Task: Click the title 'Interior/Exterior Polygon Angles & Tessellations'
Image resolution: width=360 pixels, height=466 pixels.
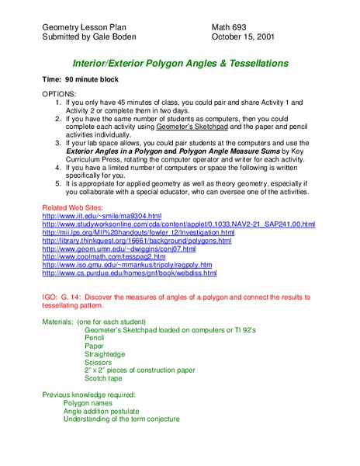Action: [180, 62]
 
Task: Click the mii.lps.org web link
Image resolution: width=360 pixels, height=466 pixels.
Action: [138, 232]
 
